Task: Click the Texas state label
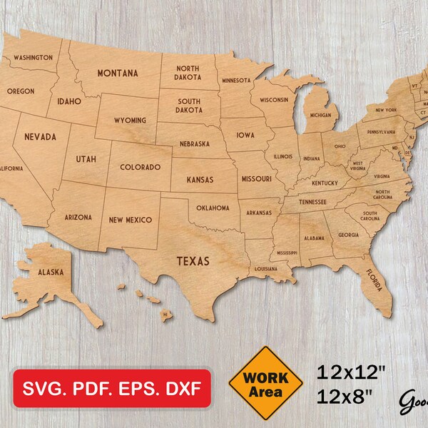point(193,261)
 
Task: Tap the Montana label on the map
point(118,73)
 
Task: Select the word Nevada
point(41,136)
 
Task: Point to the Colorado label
point(140,167)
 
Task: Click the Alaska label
point(51,272)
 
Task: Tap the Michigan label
point(320,115)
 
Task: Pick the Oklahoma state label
point(212,208)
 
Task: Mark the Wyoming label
point(130,121)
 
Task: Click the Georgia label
point(349,235)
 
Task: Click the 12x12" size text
point(352,372)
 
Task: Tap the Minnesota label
point(235,81)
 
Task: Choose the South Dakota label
point(189,106)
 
